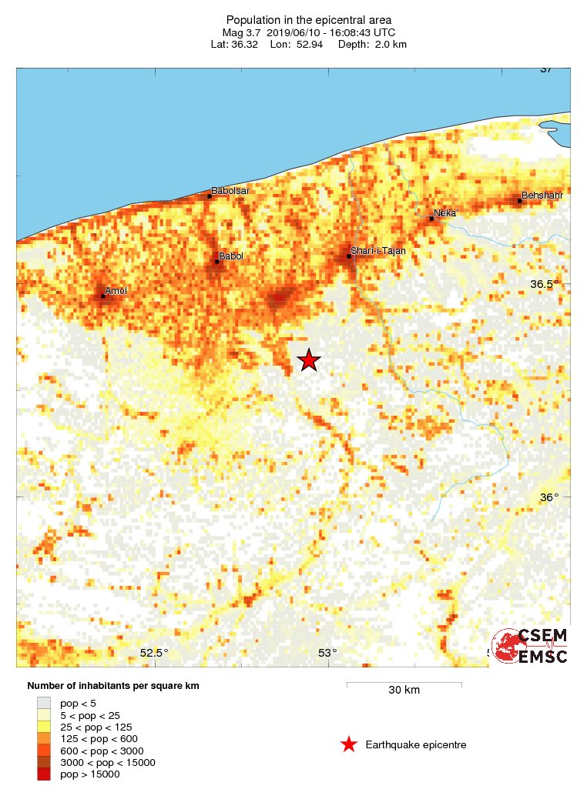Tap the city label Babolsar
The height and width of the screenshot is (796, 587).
[x=230, y=190]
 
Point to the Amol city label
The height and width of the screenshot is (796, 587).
[x=116, y=290]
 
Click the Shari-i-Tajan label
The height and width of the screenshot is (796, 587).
[x=377, y=251]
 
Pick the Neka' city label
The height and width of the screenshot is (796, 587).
[x=446, y=212]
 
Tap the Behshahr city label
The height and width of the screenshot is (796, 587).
[x=542, y=196]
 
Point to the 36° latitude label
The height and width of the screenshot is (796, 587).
[x=548, y=497]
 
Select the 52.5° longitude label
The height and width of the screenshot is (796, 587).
[x=154, y=654]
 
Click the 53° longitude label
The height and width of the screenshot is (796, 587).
[x=327, y=654]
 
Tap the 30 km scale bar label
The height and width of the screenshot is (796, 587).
[x=403, y=691]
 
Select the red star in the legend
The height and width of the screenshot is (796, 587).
[x=348, y=744]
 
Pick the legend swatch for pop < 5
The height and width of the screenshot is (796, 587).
[x=44, y=702]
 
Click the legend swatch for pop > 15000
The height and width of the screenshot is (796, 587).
[x=44, y=774]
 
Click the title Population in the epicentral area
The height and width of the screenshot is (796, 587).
[x=309, y=19]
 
